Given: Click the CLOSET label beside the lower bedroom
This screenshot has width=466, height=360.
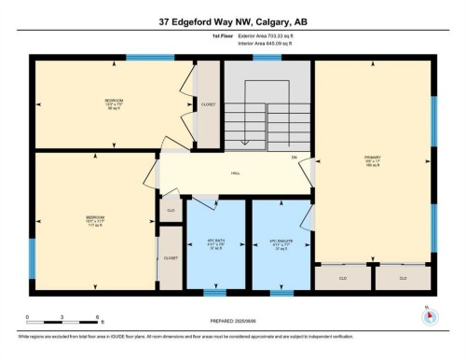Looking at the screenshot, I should pos(171,257).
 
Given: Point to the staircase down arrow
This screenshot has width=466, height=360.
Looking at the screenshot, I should pos(242,141).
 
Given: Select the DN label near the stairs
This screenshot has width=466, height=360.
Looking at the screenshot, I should pos(294,158).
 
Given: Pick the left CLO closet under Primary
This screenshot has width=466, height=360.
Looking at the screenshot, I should pos(342,278).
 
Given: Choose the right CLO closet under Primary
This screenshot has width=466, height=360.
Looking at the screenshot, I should pos(403,278).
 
